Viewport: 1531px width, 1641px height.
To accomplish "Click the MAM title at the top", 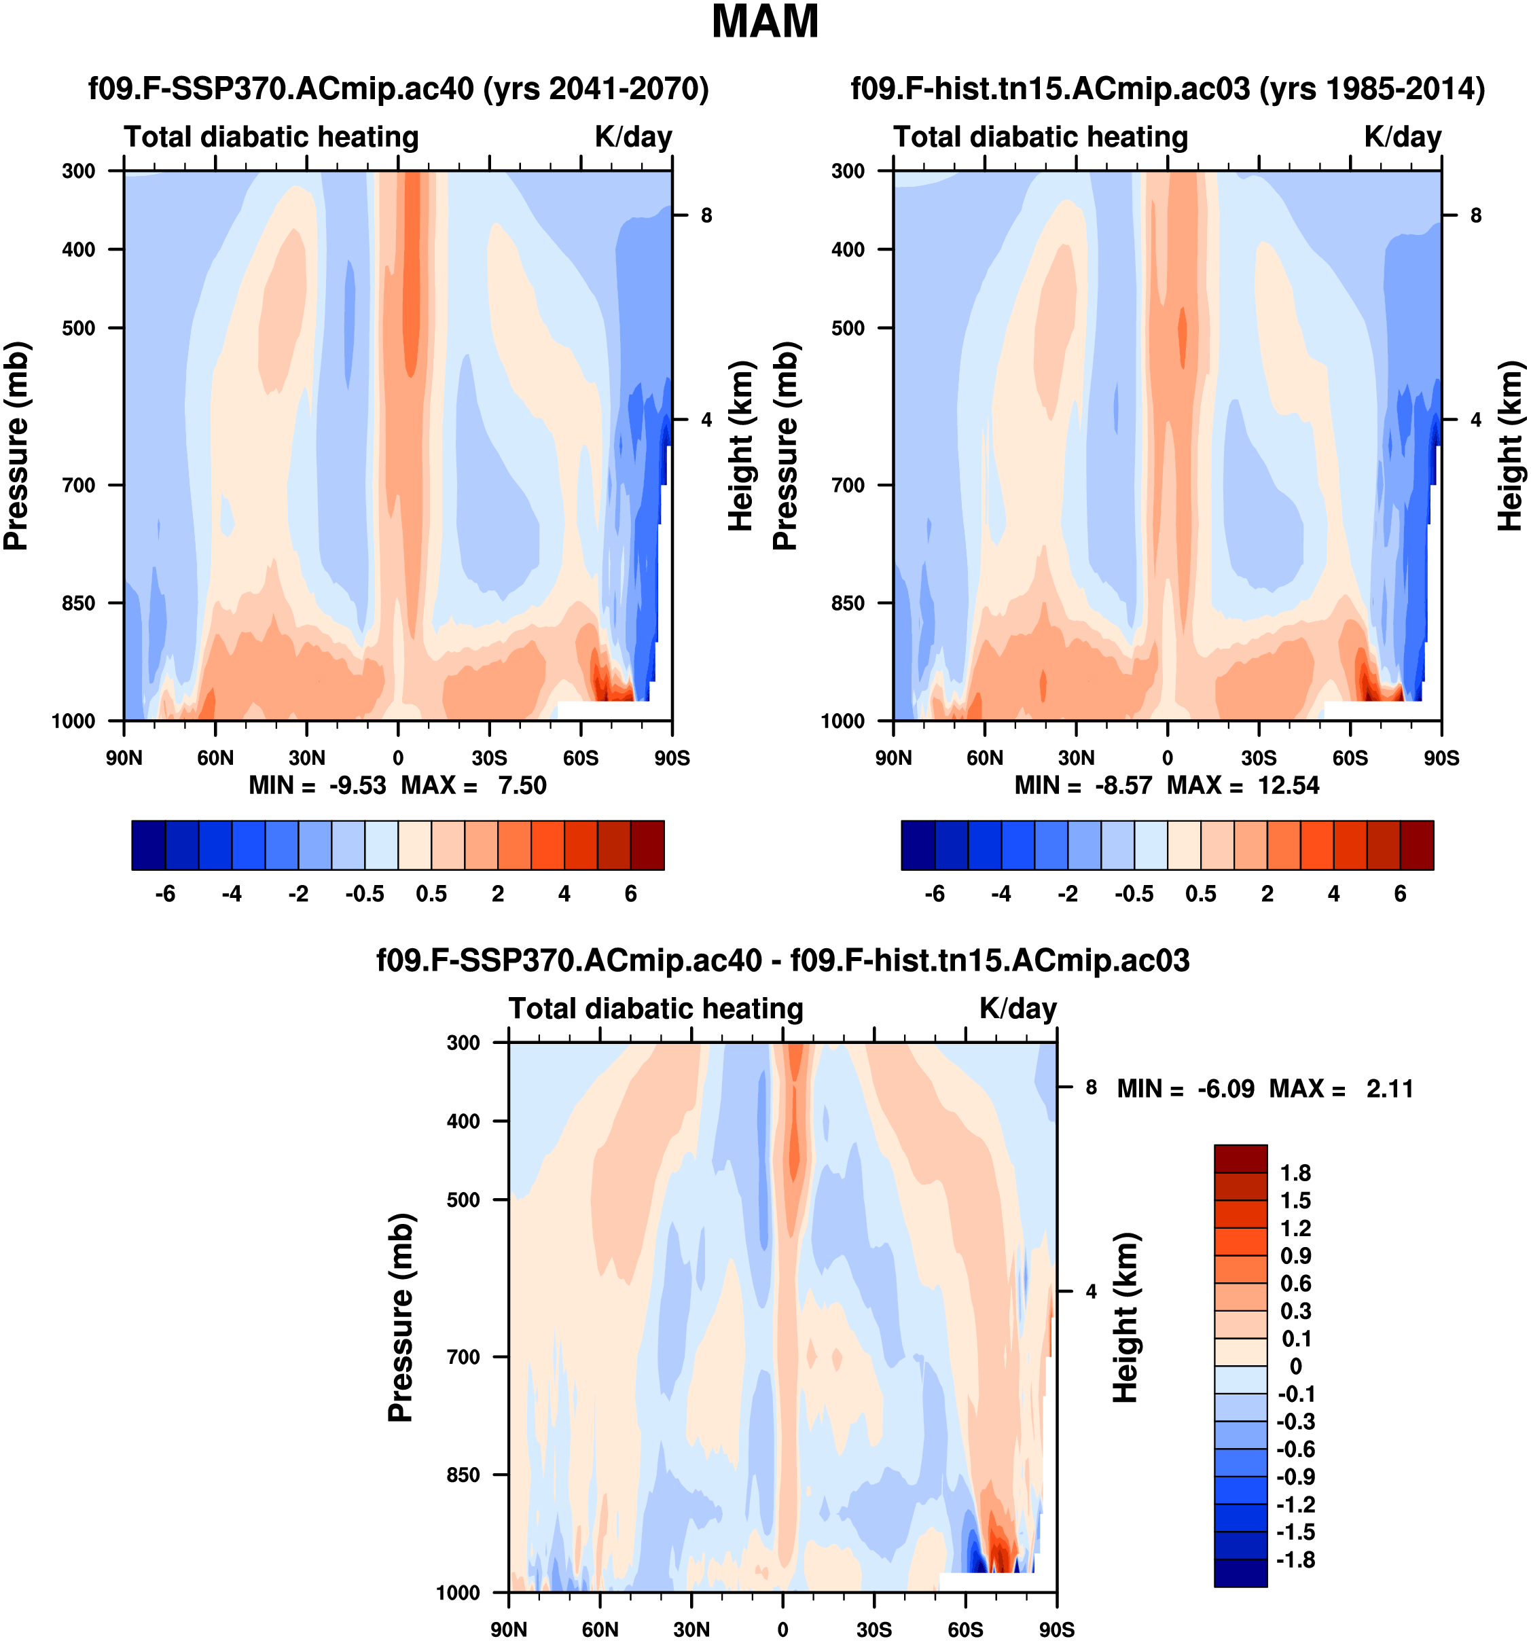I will (x=765, y=22).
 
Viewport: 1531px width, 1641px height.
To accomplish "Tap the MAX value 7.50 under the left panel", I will (x=522, y=785).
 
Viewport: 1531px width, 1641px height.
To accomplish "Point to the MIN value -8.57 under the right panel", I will (x=1123, y=785).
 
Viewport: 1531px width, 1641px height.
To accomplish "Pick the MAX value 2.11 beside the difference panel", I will (x=1390, y=1089).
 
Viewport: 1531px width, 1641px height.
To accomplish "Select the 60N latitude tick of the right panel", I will (x=985, y=758).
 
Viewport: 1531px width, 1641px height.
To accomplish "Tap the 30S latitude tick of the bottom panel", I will (x=874, y=1629).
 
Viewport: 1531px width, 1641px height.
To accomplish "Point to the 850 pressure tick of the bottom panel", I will (x=463, y=1475).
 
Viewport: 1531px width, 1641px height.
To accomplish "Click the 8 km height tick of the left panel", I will (x=706, y=215).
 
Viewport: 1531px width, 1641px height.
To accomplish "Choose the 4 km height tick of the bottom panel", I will (x=1091, y=1291).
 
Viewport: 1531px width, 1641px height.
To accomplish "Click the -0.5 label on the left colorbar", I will (x=365, y=894).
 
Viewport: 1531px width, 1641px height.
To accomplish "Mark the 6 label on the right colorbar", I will (x=1400, y=894).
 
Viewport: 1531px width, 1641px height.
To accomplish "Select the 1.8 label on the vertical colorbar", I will (x=1295, y=1173).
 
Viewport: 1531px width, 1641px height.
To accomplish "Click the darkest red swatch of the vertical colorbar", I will (x=1240, y=1159).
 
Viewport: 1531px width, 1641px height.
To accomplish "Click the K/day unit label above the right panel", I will (x=1402, y=137).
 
